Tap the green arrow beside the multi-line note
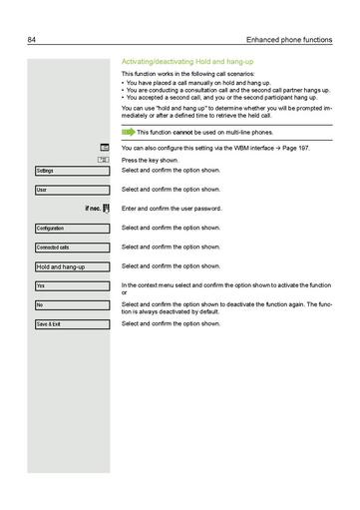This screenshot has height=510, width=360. pos(128,132)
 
